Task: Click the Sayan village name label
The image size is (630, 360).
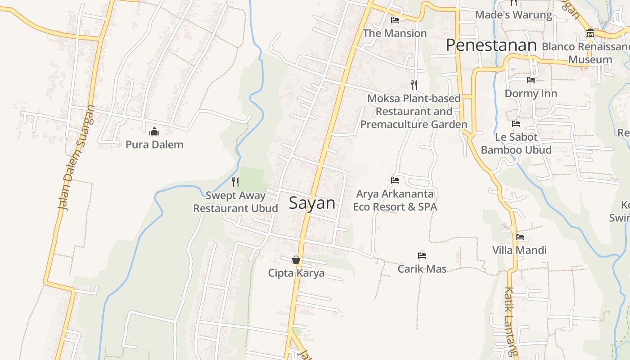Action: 312,203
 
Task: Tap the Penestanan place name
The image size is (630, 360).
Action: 491,45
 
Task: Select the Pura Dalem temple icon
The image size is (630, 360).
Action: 154,131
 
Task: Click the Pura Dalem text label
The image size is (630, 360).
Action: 154,144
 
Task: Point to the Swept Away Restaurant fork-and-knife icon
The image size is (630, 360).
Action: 235,182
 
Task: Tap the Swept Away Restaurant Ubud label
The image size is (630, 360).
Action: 235,202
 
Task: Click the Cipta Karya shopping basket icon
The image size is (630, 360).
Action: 296,260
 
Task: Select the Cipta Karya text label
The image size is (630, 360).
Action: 296,273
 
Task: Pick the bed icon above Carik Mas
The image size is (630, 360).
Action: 422,256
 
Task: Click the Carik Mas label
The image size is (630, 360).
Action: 422,269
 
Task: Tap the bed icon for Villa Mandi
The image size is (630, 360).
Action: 520,237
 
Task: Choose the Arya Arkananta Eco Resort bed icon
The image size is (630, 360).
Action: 395,180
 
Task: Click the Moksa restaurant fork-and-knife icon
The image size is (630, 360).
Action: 414,85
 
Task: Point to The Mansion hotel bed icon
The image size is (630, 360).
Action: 395,20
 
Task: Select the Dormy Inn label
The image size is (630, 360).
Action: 531,94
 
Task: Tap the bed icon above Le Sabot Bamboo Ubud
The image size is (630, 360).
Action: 516,124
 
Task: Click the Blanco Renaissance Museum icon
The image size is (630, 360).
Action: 590,33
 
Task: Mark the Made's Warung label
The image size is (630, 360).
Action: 513,15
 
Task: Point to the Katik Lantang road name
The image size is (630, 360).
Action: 510,322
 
